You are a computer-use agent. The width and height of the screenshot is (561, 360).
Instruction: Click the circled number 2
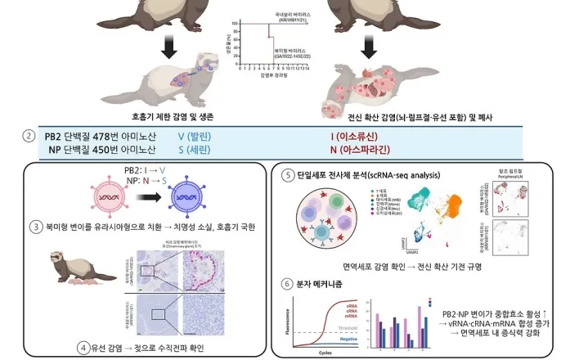pyautogui.click(x=29, y=136)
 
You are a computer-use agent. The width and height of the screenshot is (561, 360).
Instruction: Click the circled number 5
pyautogui.click(x=288, y=176)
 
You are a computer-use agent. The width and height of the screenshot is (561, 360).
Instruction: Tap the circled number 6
pyautogui.click(x=288, y=284)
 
